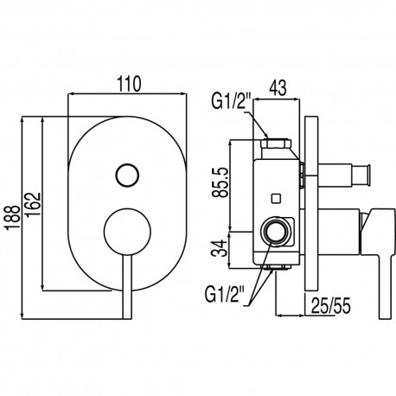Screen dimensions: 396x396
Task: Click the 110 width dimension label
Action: [129, 84]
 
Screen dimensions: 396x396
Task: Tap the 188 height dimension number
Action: [13, 218]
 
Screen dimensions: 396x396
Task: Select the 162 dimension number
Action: [32, 205]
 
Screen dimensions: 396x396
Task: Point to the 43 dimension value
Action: [278, 87]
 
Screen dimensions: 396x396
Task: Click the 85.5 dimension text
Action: [220, 182]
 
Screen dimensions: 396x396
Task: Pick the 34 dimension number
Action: [219, 249]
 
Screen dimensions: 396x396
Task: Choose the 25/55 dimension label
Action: [330, 305]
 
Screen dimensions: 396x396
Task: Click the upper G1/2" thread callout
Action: [229, 100]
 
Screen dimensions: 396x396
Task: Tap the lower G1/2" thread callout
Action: [223, 294]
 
